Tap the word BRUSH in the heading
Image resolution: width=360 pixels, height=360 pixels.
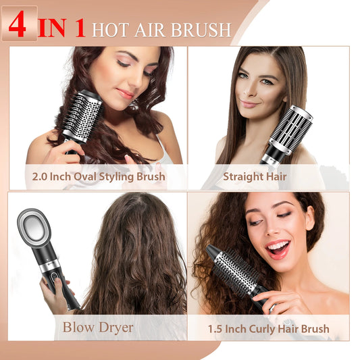point(201,30)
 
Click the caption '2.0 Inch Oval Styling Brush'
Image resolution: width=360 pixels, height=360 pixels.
point(99,177)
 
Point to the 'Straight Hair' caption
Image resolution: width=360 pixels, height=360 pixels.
point(255,176)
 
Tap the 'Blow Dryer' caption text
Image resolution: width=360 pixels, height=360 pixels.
point(98,327)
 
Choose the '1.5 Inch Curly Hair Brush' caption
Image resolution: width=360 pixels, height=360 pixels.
point(269,329)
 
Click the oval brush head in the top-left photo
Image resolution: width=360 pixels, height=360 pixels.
point(82,116)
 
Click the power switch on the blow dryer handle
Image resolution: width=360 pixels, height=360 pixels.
point(53,278)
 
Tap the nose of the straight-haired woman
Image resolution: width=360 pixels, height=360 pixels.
point(249,91)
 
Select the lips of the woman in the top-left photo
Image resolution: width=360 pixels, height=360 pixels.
point(125,93)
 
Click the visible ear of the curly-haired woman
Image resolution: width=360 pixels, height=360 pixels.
point(309,218)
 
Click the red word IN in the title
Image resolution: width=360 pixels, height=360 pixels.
point(53,28)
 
